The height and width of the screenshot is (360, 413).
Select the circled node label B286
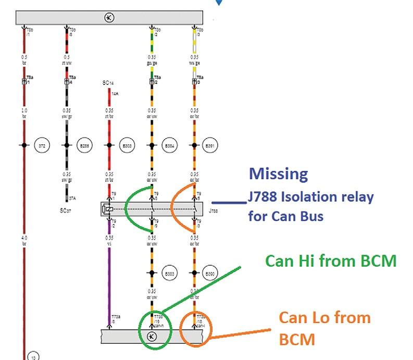click(x=83, y=145)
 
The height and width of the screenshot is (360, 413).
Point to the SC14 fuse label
click(x=108, y=83)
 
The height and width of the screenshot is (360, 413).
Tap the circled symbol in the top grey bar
click(x=109, y=18)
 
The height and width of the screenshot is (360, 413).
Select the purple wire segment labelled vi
click(x=109, y=281)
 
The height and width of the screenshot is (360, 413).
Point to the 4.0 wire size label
click(x=23, y=238)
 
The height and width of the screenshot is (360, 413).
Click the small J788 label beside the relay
click(x=213, y=212)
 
